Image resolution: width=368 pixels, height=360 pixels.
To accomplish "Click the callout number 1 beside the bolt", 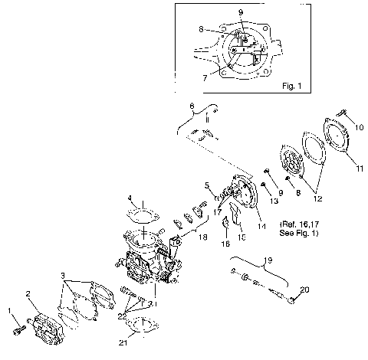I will pos(10,311).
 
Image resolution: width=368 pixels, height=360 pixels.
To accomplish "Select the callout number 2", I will pos(28,293).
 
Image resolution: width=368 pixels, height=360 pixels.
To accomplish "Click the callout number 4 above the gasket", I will pos(130,198).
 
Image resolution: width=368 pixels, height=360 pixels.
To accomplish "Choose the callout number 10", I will pos(359,127).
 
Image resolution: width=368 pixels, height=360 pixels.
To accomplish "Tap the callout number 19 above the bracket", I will pos(268,259).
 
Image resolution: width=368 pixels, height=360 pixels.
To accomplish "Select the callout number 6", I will pos(192,105).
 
